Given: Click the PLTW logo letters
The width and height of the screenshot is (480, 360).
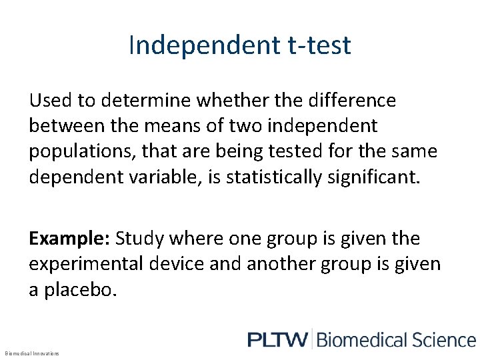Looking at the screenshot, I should (277, 339).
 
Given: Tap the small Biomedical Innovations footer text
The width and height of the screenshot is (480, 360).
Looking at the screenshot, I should (32, 353).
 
